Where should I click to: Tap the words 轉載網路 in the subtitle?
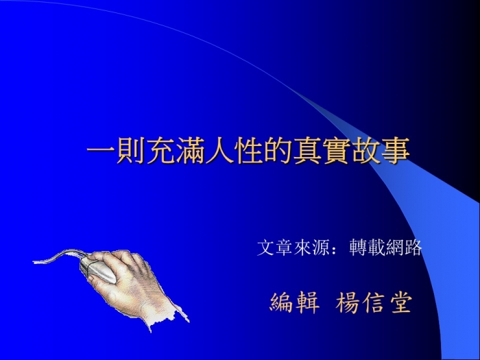tap(385, 248)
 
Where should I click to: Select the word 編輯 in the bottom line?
tap(295, 302)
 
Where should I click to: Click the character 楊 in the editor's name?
tap(347, 302)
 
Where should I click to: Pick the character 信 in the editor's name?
tap(374, 302)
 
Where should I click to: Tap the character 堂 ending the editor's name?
tap(400, 302)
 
